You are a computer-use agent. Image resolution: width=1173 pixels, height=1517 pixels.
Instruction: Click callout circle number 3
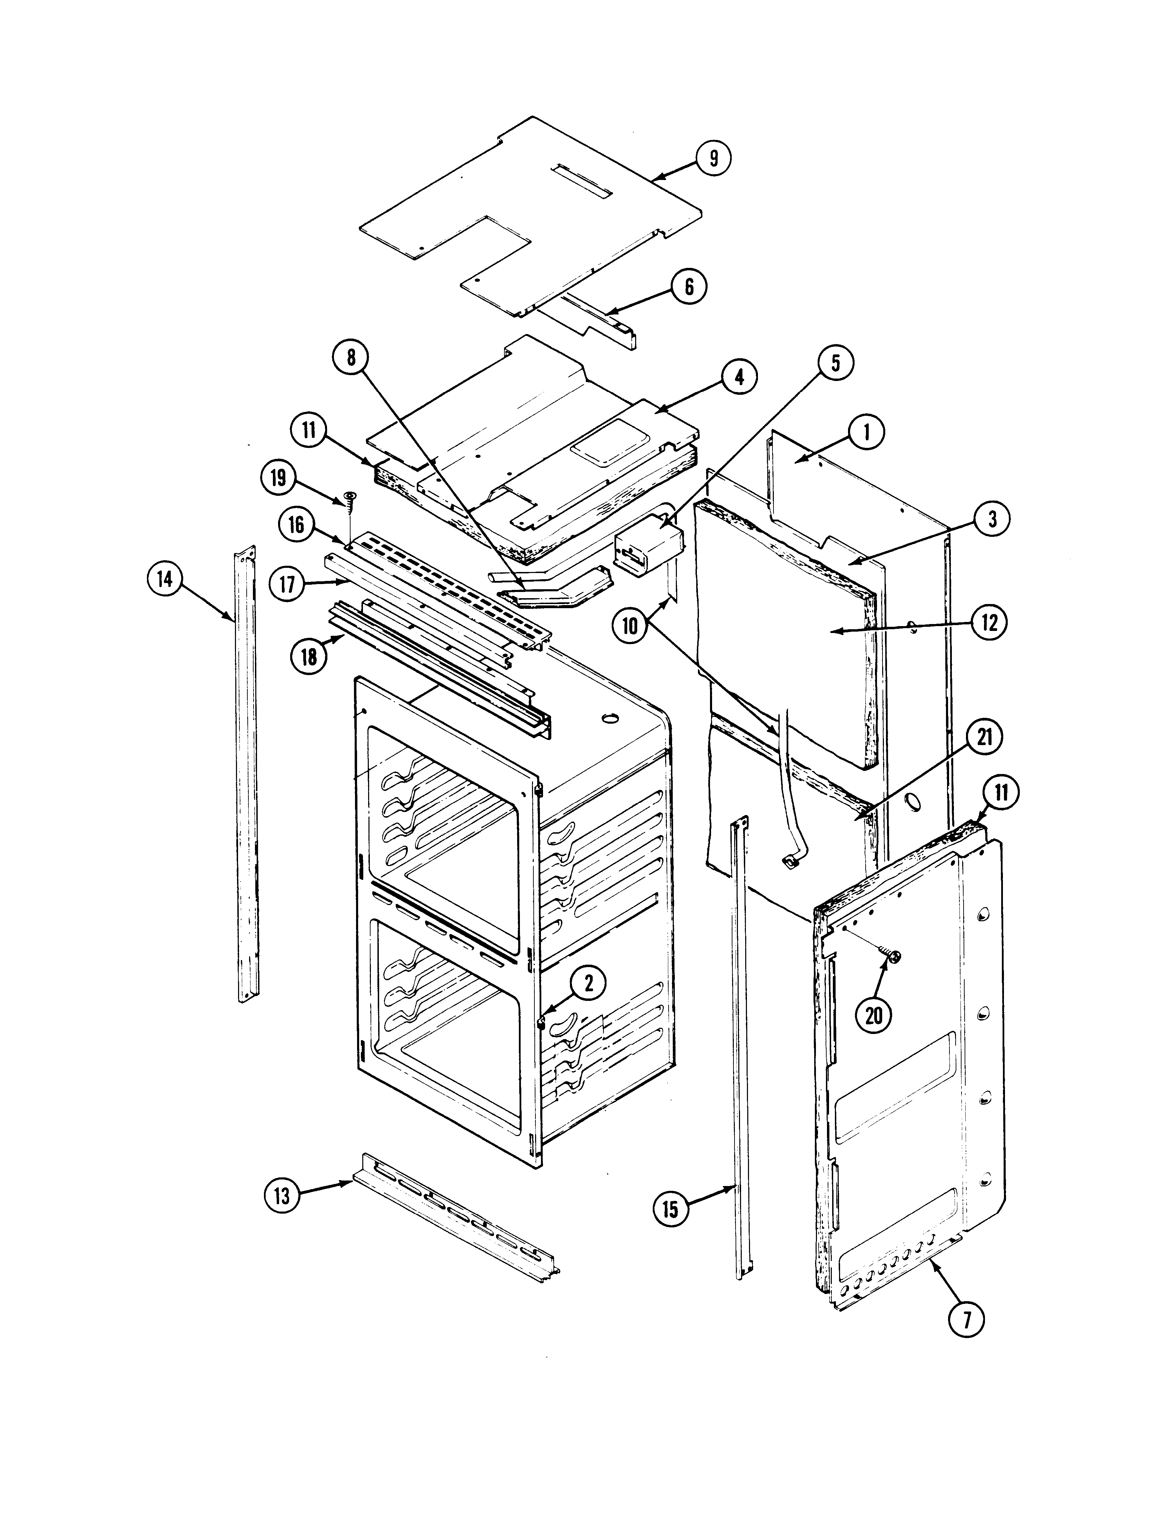pos(992,519)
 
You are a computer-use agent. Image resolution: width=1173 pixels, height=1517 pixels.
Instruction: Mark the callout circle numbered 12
pos(989,623)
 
